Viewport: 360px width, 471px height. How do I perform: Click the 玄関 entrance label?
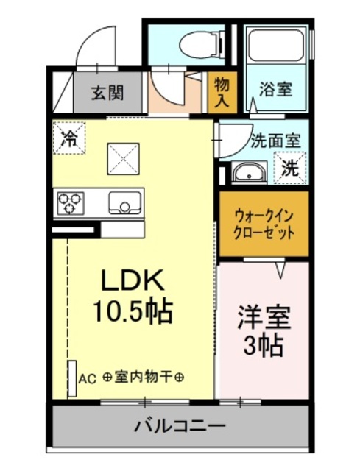tap(107, 93)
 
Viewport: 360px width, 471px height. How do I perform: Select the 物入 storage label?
tap(222, 93)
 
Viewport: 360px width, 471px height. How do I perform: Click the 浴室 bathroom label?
tap(275, 90)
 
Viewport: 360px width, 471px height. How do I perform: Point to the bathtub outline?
tap(276, 46)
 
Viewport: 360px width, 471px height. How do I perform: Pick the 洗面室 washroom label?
tap(274, 138)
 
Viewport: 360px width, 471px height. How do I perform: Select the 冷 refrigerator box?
tap(69, 136)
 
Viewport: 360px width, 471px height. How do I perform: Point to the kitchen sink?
tap(125, 202)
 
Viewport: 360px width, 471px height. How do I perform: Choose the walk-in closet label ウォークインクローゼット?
tap(264, 223)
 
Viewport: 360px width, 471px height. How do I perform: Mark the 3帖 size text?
tap(264, 345)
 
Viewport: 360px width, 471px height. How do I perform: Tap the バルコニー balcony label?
tap(180, 426)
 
